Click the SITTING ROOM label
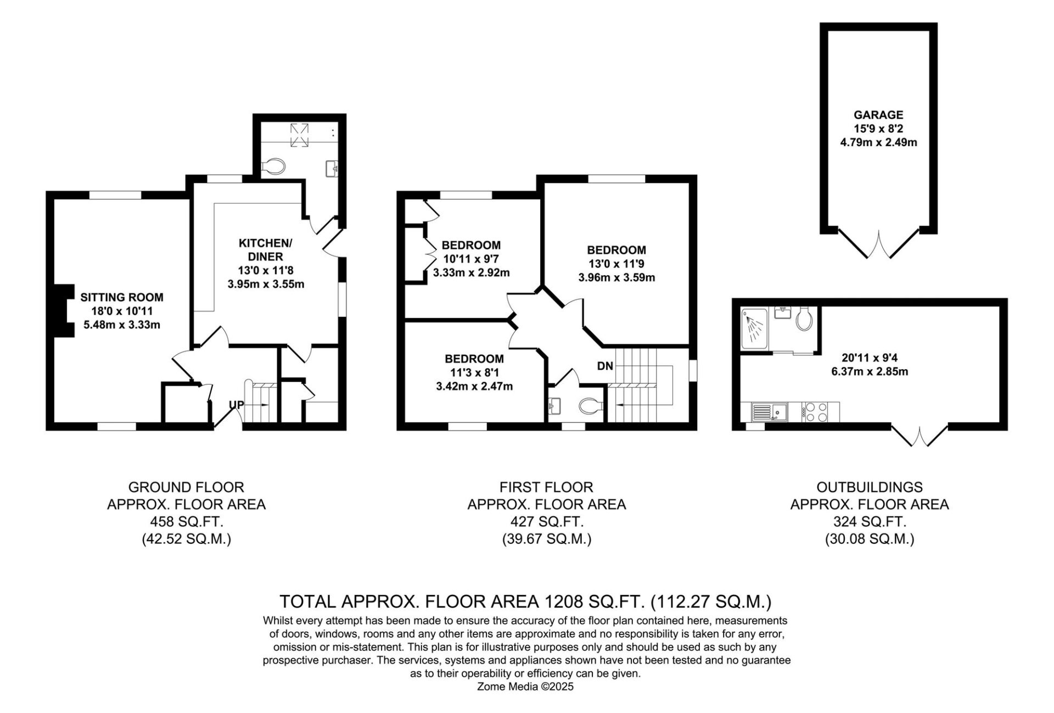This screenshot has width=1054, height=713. (122, 297)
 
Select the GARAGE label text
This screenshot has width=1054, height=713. (878, 115)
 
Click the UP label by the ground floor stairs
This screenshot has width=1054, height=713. (237, 405)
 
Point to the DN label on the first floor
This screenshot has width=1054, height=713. (605, 366)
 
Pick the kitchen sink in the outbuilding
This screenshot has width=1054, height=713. (770, 413)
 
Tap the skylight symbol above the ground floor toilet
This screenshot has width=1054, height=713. (299, 136)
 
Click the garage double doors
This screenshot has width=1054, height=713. (879, 243)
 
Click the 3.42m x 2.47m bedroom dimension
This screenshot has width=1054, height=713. (474, 386)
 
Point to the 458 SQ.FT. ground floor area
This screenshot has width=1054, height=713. (187, 521)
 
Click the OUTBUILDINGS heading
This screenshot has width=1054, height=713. (870, 487)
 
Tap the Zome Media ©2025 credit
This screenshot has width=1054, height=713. (525, 687)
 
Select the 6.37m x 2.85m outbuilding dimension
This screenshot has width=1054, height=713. (870, 371)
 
